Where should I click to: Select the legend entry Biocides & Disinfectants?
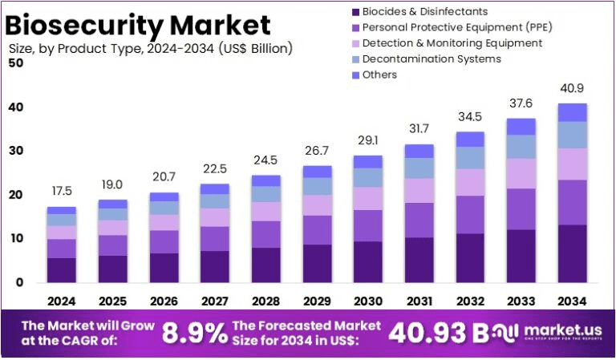(x=424, y=12)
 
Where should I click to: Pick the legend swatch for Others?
(x=353, y=75)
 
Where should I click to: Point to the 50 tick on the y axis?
(x=15, y=63)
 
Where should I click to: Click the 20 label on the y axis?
(x=15, y=195)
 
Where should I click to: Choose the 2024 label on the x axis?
(x=61, y=301)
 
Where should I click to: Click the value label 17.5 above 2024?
(x=61, y=192)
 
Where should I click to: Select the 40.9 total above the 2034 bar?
(x=572, y=88)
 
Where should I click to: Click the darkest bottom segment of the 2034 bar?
(x=572, y=253)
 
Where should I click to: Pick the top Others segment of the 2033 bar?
(x=522, y=127)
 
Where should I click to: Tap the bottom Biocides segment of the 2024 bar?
(x=61, y=270)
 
